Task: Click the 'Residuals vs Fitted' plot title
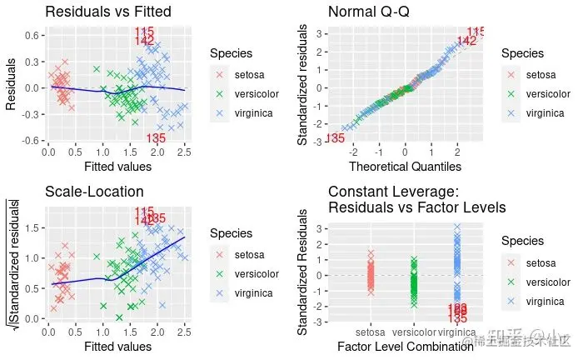(x=107, y=12)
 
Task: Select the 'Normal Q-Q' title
(x=373, y=12)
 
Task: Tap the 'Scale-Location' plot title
(x=94, y=192)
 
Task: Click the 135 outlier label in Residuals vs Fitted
(x=155, y=138)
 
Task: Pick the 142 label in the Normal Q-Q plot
(x=468, y=40)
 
